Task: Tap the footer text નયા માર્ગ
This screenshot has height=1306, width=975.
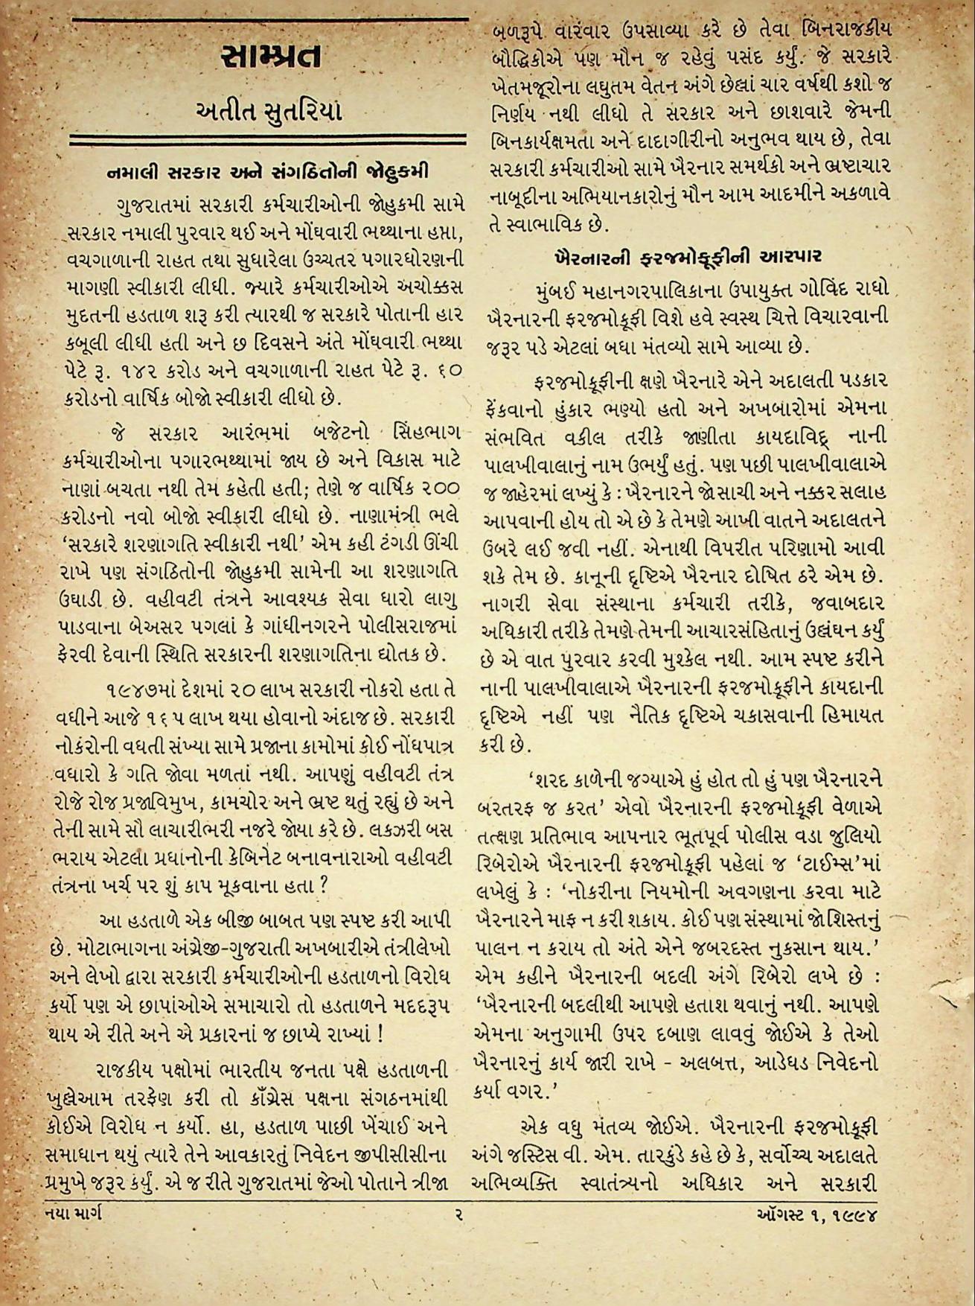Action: click(x=68, y=1216)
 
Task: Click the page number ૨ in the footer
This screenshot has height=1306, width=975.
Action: click(x=460, y=1216)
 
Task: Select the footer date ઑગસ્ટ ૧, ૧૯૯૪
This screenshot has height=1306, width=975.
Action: click(x=813, y=1217)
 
